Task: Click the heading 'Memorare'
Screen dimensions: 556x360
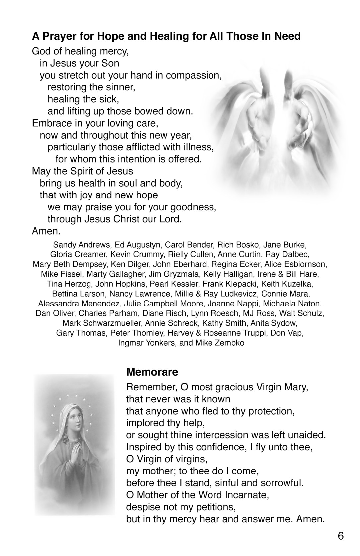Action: point(152,372)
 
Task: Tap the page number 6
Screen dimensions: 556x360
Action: point(341,536)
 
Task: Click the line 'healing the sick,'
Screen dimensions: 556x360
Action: point(83,99)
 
